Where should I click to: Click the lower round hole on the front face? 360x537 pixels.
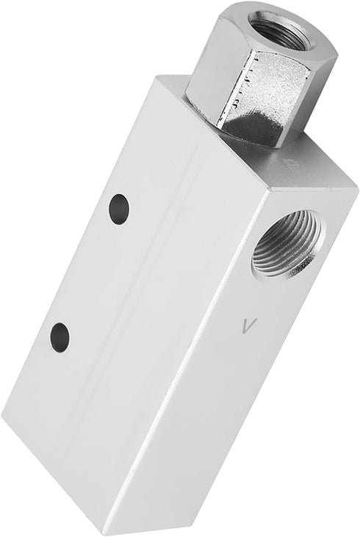[60, 336]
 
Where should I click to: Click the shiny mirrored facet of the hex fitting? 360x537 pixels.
[263, 103]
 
